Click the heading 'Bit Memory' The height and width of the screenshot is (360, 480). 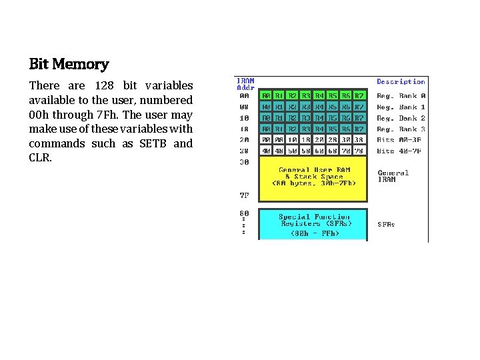tap(69, 65)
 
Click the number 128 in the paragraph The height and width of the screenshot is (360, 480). tap(105, 85)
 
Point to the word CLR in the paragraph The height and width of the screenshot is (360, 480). tap(40, 158)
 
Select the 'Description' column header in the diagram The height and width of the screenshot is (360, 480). tap(401, 81)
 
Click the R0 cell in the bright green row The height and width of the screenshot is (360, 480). tap(266, 96)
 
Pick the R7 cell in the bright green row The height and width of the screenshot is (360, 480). tap(359, 96)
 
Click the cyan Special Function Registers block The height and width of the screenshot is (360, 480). tap(313, 225)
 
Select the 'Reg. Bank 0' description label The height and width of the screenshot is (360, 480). tap(401, 96)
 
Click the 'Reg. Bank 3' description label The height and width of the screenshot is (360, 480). tap(401, 129)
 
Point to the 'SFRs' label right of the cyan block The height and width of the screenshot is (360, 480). tap(386, 225)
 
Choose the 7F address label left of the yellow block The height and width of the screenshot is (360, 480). tap(244, 195)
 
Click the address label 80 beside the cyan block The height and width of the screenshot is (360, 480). tap(244, 213)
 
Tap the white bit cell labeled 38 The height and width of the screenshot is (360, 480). tap(359, 140)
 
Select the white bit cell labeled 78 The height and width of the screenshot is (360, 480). tap(359, 151)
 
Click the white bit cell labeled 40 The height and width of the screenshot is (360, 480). tap(266, 151)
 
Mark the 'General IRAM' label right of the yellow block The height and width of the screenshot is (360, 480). tap(393, 176)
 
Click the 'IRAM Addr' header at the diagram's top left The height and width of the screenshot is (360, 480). tap(245, 85)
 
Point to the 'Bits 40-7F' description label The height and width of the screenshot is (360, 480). tap(401, 151)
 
